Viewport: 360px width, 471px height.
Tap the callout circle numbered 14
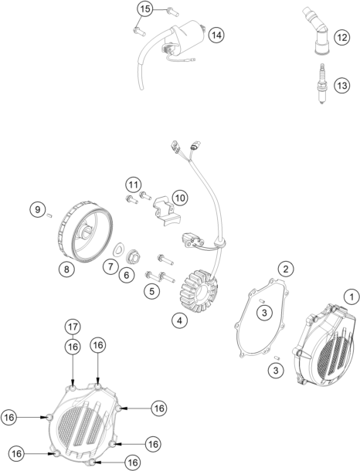click(216, 36)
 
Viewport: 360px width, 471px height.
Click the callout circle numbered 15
click(145, 9)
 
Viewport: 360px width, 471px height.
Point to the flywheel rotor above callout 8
click(85, 235)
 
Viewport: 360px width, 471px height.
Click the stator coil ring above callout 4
click(199, 291)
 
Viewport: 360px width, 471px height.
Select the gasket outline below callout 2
click(261, 318)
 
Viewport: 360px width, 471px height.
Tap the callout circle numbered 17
click(73, 327)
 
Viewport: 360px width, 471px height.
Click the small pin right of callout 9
click(50, 215)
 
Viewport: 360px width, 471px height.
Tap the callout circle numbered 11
click(134, 185)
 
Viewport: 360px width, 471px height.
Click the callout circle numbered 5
click(152, 291)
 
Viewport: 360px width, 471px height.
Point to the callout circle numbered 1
click(352, 297)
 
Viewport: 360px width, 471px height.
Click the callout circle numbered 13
click(342, 86)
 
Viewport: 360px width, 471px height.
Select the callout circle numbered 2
click(286, 269)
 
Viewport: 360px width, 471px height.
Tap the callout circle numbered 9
click(38, 209)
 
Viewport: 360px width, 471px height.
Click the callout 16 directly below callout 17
click(73, 347)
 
